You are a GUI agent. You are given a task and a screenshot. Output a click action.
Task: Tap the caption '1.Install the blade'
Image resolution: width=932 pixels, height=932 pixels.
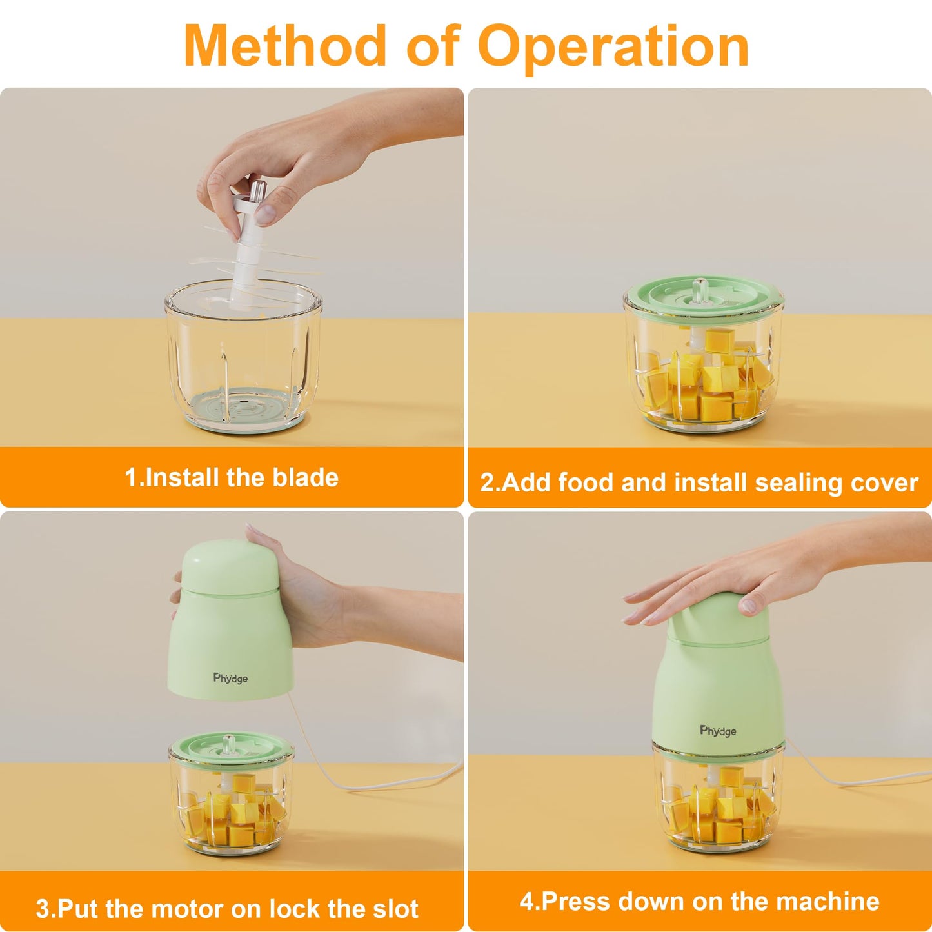click(x=232, y=478)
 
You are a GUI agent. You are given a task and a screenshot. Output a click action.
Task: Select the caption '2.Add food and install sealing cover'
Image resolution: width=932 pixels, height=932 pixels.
click(x=699, y=482)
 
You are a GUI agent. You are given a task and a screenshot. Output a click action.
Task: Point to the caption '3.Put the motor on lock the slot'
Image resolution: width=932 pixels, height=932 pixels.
click(x=227, y=908)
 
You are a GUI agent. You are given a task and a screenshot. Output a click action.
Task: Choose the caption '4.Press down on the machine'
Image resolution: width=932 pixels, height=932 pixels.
click(x=699, y=901)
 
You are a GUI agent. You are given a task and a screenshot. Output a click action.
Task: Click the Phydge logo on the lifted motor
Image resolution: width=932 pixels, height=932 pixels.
click(x=230, y=678)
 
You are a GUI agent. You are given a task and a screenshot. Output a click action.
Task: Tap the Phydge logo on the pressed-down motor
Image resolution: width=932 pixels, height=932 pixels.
click(x=718, y=731)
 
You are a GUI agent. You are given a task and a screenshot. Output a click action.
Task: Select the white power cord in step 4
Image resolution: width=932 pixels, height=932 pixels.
click(x=851, y=780)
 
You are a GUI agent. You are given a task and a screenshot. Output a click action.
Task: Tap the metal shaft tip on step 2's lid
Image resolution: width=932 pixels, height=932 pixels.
click(x=699, y=286)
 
